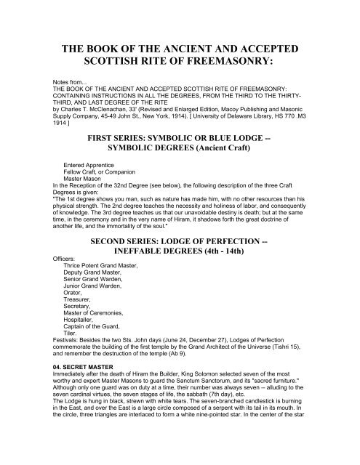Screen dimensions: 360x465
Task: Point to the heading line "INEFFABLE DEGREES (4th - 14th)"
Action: click(180, 264)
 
